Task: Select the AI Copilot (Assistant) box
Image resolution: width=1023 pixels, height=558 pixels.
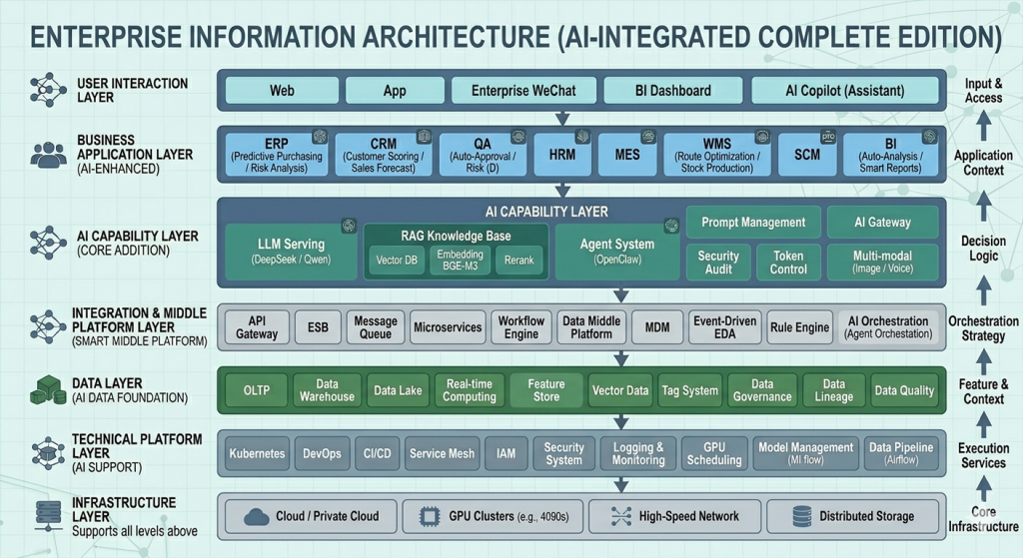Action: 844,91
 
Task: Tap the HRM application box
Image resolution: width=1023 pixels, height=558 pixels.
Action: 562,156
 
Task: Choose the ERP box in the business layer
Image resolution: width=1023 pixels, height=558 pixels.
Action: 276,156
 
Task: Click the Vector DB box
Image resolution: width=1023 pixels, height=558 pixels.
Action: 396,260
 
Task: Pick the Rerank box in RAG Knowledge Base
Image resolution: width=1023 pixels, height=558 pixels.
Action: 518,260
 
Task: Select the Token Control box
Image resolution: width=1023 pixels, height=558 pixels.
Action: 788,262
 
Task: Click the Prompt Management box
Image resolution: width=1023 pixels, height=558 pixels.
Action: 752,222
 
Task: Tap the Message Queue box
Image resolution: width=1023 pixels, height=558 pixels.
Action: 376,327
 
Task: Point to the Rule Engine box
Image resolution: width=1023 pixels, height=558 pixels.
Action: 799,327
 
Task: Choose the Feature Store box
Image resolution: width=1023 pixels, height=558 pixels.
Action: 546,390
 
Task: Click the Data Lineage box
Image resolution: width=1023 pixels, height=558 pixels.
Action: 833,390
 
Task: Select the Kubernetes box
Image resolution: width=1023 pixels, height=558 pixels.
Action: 257,453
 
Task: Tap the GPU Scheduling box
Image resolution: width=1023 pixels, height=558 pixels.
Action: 714,453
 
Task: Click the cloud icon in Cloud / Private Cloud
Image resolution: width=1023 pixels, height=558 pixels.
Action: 257,516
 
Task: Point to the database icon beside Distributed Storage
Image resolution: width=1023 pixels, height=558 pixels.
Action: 801,516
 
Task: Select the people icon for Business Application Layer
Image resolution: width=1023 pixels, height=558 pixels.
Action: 48,155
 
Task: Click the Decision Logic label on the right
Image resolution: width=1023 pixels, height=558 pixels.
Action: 983,249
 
